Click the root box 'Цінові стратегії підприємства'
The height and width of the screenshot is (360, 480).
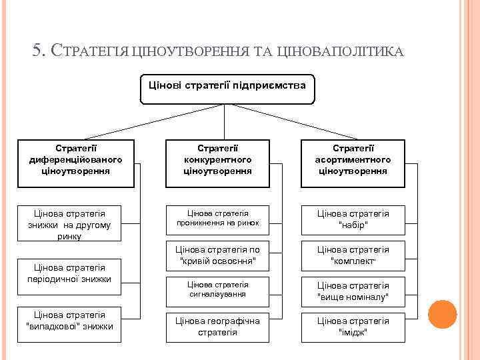point(227,89)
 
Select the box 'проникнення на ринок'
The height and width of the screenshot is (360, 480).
point(217,218)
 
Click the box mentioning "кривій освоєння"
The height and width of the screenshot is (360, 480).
point(217,254)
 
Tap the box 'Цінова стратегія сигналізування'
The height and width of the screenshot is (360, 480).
point(217,289)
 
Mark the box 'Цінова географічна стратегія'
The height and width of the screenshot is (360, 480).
point(217,327)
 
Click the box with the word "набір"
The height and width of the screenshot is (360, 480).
point(353,219)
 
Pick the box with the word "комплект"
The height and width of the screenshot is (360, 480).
point(353,255)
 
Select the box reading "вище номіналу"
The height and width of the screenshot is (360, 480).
point(353,291)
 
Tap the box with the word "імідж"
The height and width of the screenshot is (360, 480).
point(353,327)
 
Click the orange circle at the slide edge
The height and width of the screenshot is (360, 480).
point(442,313)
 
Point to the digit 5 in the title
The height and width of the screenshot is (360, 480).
point(37,51)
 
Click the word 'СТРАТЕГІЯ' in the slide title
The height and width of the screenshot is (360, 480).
point(91,51)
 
